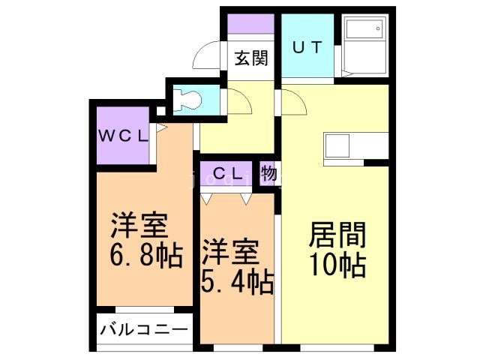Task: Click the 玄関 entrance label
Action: [x=251, y=58]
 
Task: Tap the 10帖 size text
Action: [x=337, y=265]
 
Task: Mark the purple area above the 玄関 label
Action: [x=250, y=24]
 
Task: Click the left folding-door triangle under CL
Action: [x=208, y=199]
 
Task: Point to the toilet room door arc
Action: [x=238, y=100]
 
